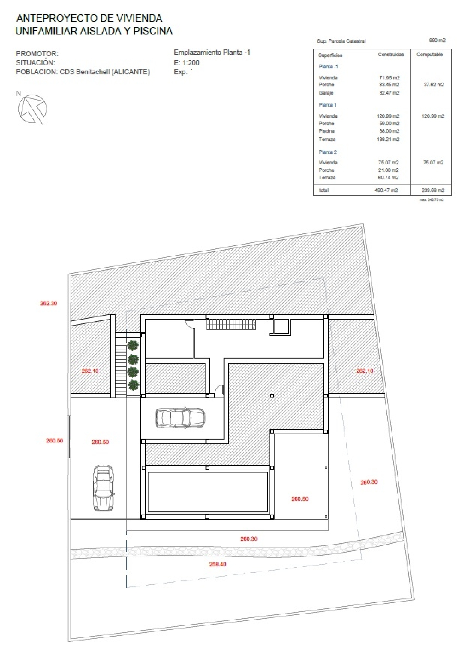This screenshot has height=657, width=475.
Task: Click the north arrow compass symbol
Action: pos(32,109)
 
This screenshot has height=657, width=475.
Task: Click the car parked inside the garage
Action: pos(180,418)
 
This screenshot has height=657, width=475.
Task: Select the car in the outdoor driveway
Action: pos(104,488)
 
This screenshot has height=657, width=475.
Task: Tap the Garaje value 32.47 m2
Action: pos(389,93)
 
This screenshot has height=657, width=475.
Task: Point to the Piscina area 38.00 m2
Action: pos(389,131)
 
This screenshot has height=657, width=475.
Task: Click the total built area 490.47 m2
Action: pos(386,190)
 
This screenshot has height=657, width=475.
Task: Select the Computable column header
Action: pos(429,54)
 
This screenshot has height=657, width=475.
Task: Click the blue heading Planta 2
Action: pos(327,152)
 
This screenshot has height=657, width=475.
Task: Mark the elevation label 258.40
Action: pos(218,564)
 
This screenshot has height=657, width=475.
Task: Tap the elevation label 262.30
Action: pos(48,303)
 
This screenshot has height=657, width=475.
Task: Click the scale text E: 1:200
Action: pos(187,63)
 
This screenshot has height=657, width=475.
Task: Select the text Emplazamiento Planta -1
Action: pos(212,53)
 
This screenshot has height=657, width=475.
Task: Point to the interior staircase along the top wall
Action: pos(231,324)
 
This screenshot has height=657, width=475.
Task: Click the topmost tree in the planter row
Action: pos(133,345)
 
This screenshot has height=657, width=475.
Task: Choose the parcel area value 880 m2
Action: pos(437,40)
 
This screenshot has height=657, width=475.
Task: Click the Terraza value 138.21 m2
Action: pos(388,139)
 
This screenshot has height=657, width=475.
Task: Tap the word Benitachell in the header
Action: pos(92,72)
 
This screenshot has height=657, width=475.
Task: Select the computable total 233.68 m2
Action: pos(433,190)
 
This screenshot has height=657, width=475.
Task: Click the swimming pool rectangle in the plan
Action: pos(208,492)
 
